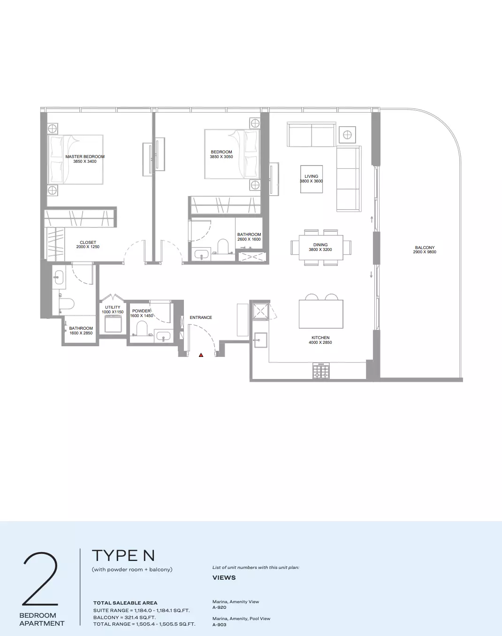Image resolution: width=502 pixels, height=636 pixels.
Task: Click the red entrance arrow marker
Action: click(x=201, y=355)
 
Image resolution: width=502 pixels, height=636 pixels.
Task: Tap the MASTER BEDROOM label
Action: click(x=85, y=157)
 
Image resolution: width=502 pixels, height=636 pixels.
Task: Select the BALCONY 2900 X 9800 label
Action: click(x=425, y=250)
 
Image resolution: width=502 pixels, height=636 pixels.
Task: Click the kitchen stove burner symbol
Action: click(x=321, y=371)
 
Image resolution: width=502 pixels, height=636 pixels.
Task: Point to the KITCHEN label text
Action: click(x=320, y=338)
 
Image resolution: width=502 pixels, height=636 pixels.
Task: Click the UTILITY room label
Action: click(x=113, y=307)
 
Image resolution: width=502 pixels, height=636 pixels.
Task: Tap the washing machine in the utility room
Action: click(x=113, y=323)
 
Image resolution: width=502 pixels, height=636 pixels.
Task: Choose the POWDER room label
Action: click(x=141, y=311)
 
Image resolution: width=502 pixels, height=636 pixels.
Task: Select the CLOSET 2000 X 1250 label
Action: click(x=88, y=244)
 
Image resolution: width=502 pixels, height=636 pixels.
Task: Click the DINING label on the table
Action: click(x=320, y=245)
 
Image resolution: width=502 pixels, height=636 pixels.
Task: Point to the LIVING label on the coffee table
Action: click(x=312, y=176)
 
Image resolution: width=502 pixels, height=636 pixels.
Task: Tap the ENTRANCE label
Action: click(x=201, y=318)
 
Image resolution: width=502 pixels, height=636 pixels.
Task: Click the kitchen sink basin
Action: click(x=260, y=340)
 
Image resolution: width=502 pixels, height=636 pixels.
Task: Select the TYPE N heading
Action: click(x=123, y=555)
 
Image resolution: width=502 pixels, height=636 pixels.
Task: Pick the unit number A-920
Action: click(x=220, y=607)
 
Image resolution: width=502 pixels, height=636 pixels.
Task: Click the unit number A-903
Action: click(x=220, y=624)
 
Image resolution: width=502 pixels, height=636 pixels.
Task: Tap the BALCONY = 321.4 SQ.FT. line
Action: click(x=124, y=617)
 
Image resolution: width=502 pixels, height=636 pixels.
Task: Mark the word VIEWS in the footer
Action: click(x=224, y=577)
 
